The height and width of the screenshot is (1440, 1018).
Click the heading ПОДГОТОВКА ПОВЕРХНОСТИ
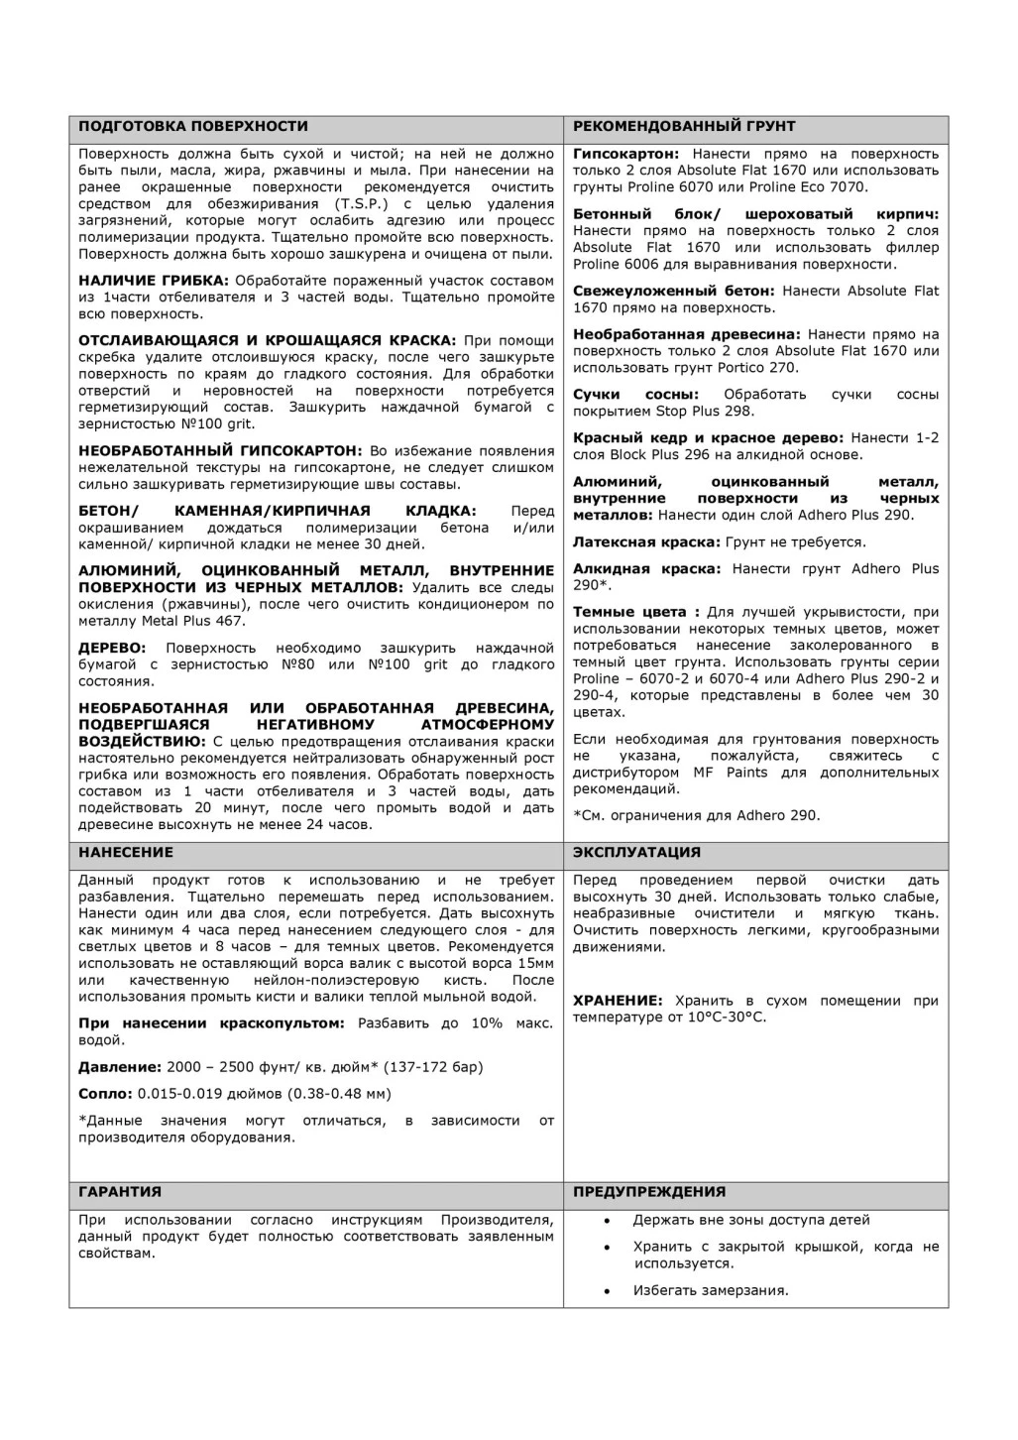(x=192, y=127)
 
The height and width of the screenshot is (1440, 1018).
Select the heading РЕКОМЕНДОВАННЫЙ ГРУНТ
(x=684, y=127)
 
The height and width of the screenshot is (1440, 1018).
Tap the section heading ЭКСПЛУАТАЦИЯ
(x=636, y=853)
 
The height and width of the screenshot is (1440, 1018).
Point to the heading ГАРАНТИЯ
(x=119, y=1192)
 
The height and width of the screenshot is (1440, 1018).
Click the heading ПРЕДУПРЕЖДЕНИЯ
(x=649, y=1192)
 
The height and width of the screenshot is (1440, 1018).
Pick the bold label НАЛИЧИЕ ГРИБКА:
(x=154, y=281)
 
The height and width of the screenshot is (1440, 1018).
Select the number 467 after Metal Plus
(x=230, y=621)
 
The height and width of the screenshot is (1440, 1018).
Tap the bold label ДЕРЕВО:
(x=114, y=648)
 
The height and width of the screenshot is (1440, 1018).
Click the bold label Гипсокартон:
(x=625, y=154)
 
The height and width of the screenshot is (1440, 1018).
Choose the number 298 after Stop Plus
(x=739, y=412)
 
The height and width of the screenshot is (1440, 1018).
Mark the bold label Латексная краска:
(x=646, y=542)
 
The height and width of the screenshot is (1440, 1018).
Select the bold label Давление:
(x=119, y=1067)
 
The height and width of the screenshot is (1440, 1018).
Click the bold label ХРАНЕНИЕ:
(x=618, y=1001)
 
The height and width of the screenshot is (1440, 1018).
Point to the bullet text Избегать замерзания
(x=711, y=1290)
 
